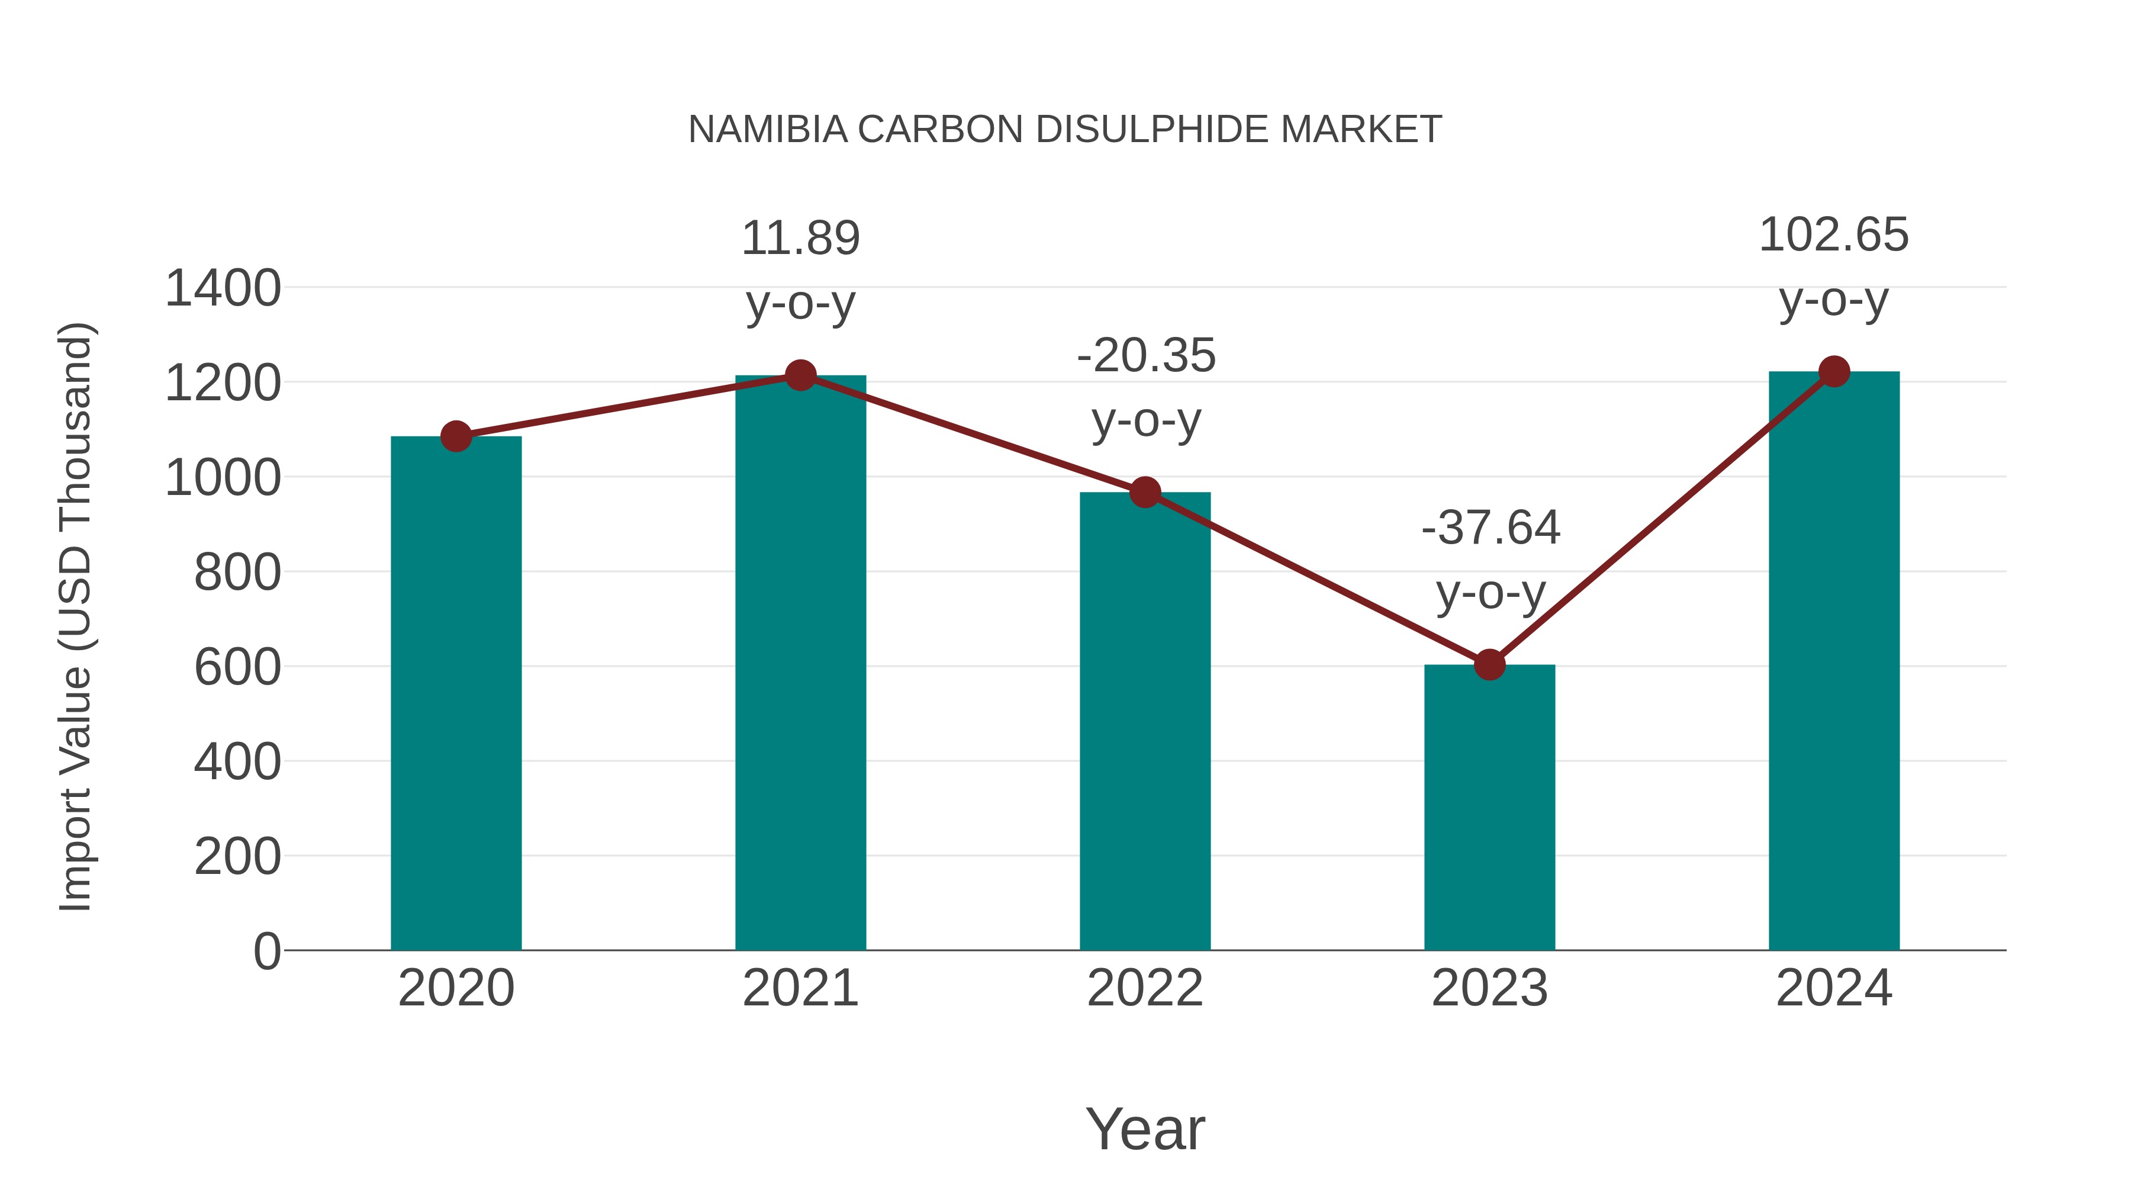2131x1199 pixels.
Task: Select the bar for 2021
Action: tap(800, 662)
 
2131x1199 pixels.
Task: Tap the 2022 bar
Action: tap(1145, 721)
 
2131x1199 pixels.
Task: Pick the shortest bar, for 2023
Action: tap(1489, 807)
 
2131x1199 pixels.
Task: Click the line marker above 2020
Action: tap(456, 436)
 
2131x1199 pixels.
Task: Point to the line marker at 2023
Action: tap(1489, 664)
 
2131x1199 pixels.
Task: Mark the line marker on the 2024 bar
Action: tap(1834, 371)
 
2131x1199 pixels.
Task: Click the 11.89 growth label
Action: tap(800, 239)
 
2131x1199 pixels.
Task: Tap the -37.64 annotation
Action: tap(1490, 528)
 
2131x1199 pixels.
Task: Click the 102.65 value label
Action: tap(1833, 235)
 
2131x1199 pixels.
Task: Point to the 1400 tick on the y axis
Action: tap(223, 289)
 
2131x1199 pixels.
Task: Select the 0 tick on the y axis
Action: tap(266, 951)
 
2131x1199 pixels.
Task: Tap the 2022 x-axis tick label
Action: tap(1145, 988)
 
